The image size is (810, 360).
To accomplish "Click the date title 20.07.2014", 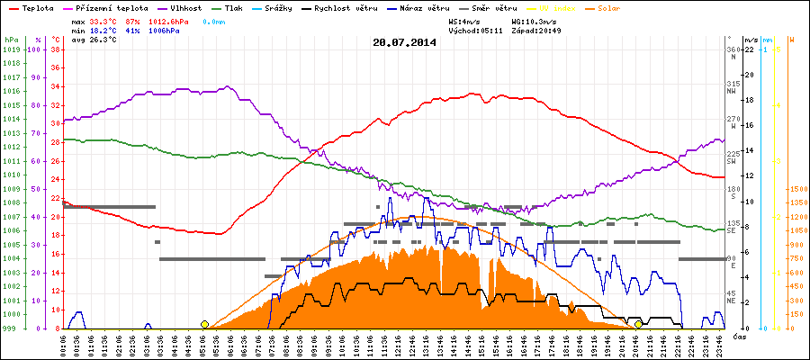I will [404, 41].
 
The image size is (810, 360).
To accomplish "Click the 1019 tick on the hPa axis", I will [10, 49].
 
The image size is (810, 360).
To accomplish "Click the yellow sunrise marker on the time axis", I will [205, 324].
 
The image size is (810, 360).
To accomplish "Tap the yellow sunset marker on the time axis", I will [638, 324].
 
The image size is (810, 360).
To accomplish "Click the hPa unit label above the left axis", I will [10, 40].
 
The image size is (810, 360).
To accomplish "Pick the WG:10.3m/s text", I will [535, 19].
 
